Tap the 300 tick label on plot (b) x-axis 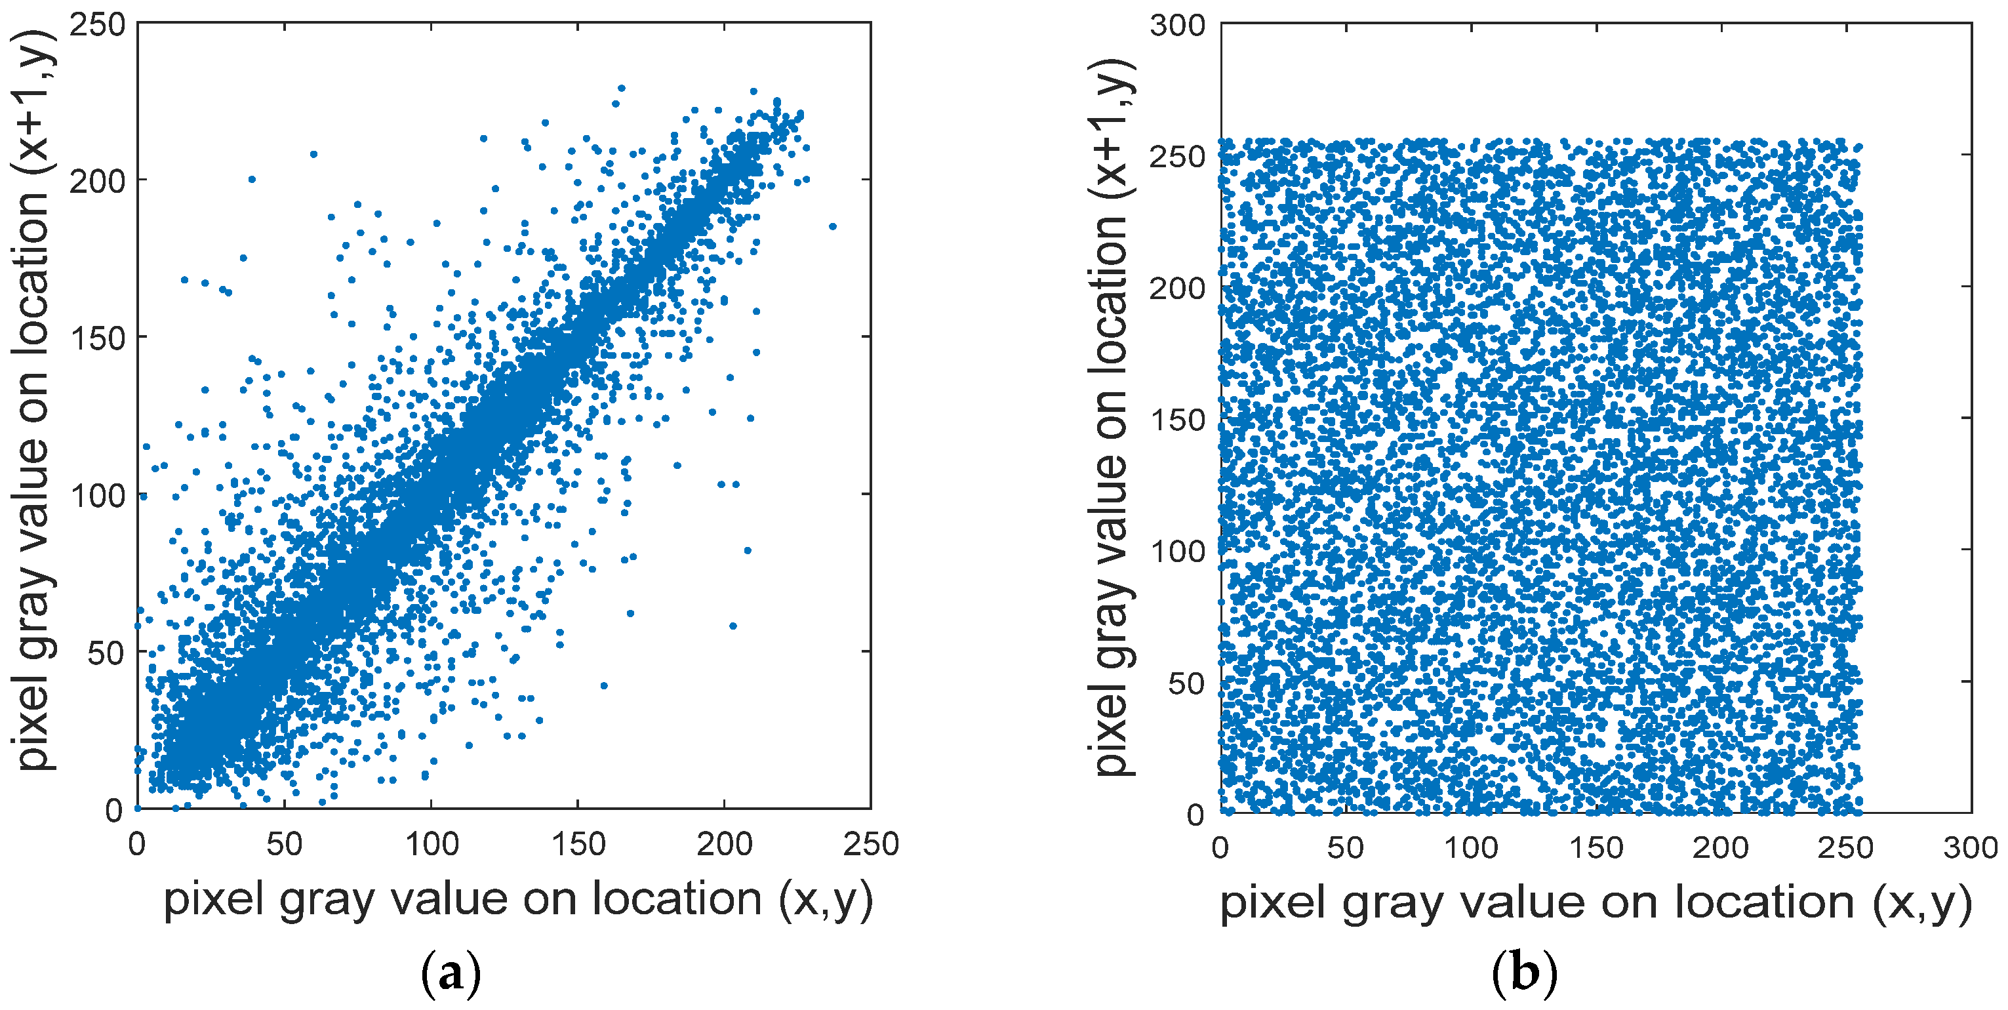click(x=1970, y=847)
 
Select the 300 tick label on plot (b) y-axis click(x=1177, y=25)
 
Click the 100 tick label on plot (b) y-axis click(x=1177, y=551)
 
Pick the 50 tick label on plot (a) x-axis click(x=284, y=844)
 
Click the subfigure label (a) click(x=451, y=973)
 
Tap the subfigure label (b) click(x=1524, y=973)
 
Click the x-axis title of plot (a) click(x=517, y=899)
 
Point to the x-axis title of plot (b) click(x=1595, y=903)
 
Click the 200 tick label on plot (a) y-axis click(x=98, y=182)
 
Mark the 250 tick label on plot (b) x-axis click(x=1845, y=847)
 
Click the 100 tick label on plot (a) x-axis click(x=431, y=844)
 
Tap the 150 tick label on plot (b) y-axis click(x=1177, y=419)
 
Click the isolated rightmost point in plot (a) click(x=832, y=227)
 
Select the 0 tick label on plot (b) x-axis click(x=1220, y=847)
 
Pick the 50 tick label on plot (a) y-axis click(x=106, y=653)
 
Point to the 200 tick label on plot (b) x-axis click(x=1720, y=847)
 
